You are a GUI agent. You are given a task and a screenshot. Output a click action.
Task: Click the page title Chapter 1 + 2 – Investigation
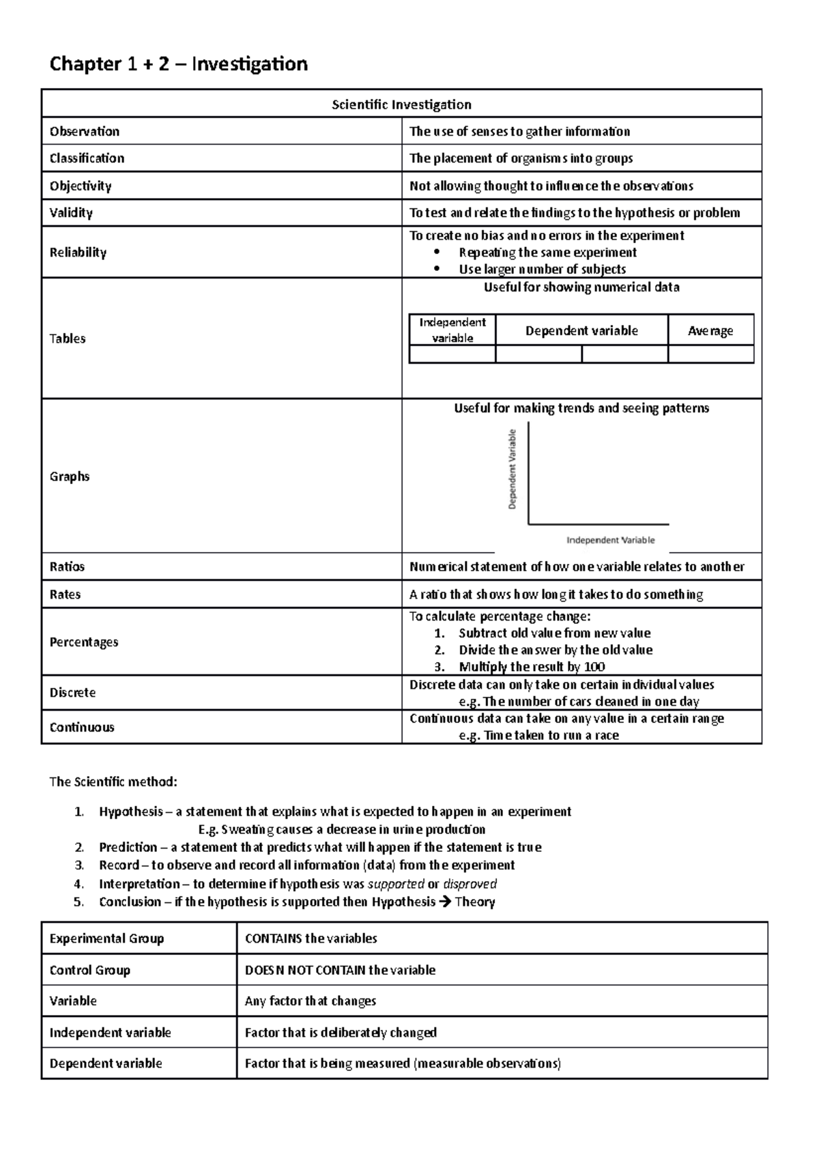pos(178,64)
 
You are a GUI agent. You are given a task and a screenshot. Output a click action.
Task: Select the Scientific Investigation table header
pos(401,104)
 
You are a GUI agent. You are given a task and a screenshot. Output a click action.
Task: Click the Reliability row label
pos(78,253)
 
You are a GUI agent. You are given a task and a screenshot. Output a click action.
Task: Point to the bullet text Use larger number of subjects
pos(542,269)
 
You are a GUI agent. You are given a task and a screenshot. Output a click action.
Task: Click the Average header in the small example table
pos(710,331)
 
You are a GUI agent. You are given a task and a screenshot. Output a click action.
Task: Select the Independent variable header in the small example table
pos(452,330)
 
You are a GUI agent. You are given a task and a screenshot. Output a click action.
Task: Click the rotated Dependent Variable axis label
pos(513,469)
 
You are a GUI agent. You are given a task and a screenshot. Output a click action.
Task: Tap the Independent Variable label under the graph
pos(610,540)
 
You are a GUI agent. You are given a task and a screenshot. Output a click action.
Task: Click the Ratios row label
pos(67,567)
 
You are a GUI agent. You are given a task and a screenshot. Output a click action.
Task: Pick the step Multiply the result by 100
pos(532,667)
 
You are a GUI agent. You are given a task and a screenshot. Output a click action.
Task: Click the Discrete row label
pos(72,693)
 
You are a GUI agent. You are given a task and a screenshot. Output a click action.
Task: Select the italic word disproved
pos(470,884)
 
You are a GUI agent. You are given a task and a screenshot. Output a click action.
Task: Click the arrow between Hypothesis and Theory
pos(445,902)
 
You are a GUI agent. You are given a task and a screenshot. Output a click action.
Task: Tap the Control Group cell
pos(89,970)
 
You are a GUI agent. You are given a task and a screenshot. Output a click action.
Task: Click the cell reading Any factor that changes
pos(311,1001)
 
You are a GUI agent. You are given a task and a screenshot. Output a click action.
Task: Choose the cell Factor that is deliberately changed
pos(341,1033)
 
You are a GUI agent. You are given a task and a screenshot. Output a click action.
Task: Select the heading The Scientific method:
pos(113,782)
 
